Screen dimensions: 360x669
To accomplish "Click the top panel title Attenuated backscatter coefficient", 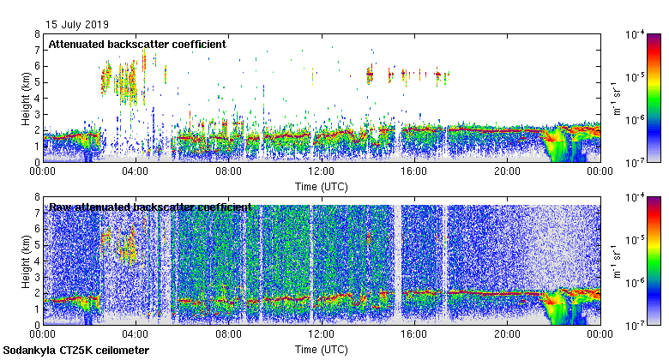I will coord(137,44).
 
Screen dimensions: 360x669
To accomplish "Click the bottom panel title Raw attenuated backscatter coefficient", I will coord(150,207).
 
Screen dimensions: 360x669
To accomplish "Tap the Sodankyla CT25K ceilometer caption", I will coord(76,351).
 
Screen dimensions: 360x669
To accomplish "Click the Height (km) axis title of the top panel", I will coord(26,98).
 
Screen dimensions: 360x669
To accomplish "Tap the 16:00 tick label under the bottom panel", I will coord(413,334).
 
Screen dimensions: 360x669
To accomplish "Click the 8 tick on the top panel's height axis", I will coord(37,34).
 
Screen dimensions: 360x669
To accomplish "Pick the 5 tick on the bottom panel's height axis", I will coord(37,244).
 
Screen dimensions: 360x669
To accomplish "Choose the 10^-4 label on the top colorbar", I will coord(636,34).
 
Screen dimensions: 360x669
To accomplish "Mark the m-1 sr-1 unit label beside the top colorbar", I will coord(616,98).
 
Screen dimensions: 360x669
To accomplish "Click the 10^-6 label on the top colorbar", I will coord(636,120).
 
